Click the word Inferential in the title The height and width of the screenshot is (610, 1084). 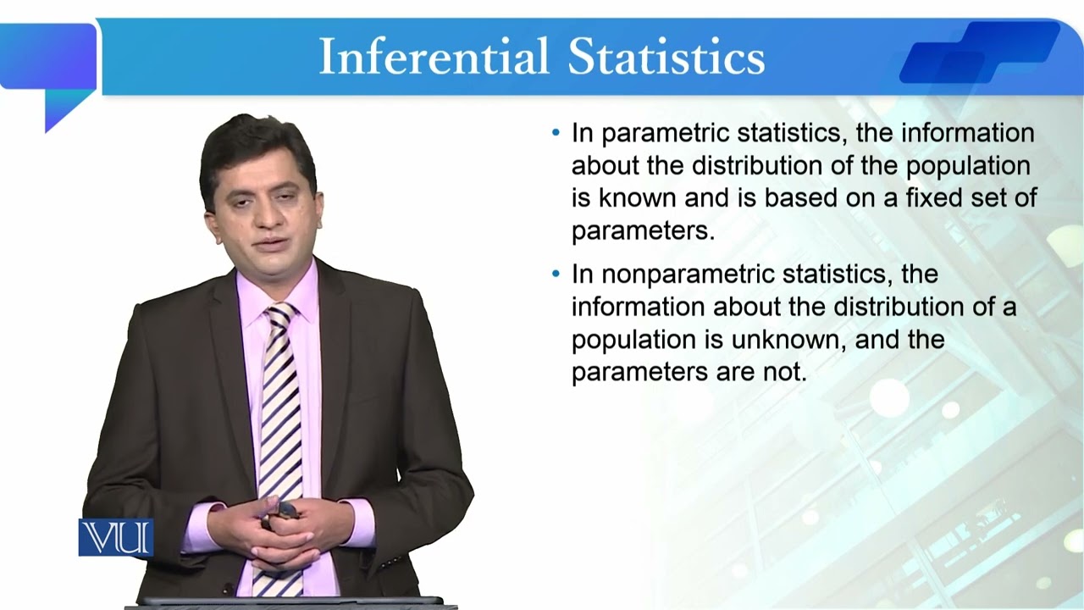click(434, 58)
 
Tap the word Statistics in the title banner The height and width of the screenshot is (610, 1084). click(666, 58)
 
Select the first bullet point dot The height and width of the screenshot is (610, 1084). click(556, 133)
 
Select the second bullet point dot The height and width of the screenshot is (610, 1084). click(556, 274)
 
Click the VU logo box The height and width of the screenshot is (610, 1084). click(116, 538)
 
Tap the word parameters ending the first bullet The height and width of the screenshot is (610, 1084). click(642, 230)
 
